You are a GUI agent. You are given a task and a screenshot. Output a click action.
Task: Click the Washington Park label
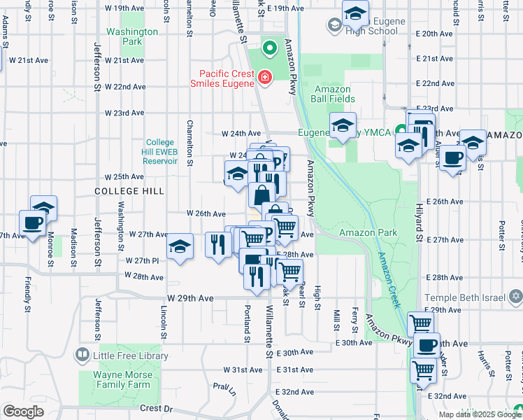[x=131, y=36]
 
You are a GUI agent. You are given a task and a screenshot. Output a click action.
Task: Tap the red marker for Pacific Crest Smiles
[x=265, y=77]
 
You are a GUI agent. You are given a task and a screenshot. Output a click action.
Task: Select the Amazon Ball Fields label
[x=332, y=94]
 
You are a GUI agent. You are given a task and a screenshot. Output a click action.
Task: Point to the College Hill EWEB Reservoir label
[x=165, y=151]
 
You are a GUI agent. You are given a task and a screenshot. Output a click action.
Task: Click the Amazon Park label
[x=368, y=232]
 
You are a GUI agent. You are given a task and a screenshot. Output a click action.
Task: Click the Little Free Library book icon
[x=83, y=356]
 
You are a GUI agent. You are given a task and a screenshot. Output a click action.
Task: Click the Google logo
[x=23, y=412]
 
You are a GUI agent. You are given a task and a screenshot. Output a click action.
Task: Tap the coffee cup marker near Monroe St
[x=32, y=223]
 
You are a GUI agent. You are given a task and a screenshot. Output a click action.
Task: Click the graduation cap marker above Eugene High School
[x=355, y=13]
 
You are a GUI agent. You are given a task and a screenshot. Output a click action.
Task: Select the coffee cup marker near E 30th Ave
[x=427, y=344]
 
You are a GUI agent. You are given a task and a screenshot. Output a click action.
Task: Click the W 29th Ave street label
[x=190, y=298]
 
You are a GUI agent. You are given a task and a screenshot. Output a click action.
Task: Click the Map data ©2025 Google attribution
[x=480, y=414]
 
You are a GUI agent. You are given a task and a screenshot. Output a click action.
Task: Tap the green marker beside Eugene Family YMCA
[x=401, y=130]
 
